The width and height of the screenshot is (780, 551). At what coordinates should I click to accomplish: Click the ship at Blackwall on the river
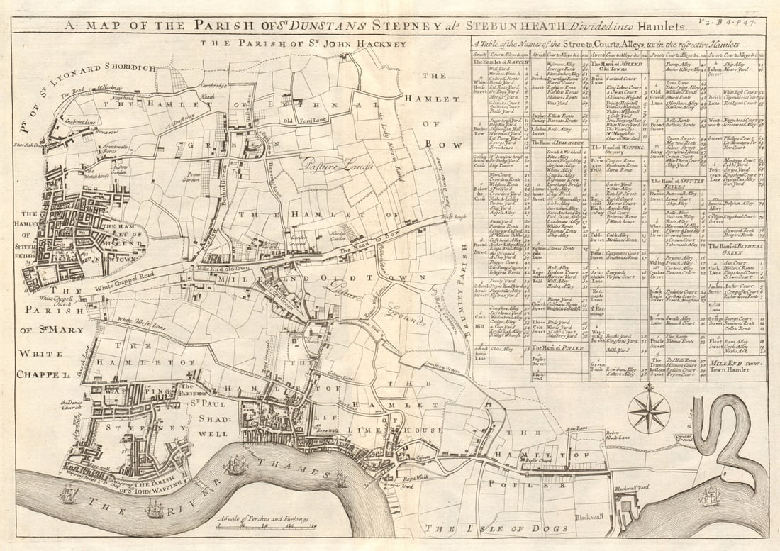click(x=709, y=496)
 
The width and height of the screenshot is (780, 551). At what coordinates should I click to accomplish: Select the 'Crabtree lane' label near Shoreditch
click(x=78, y=123)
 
